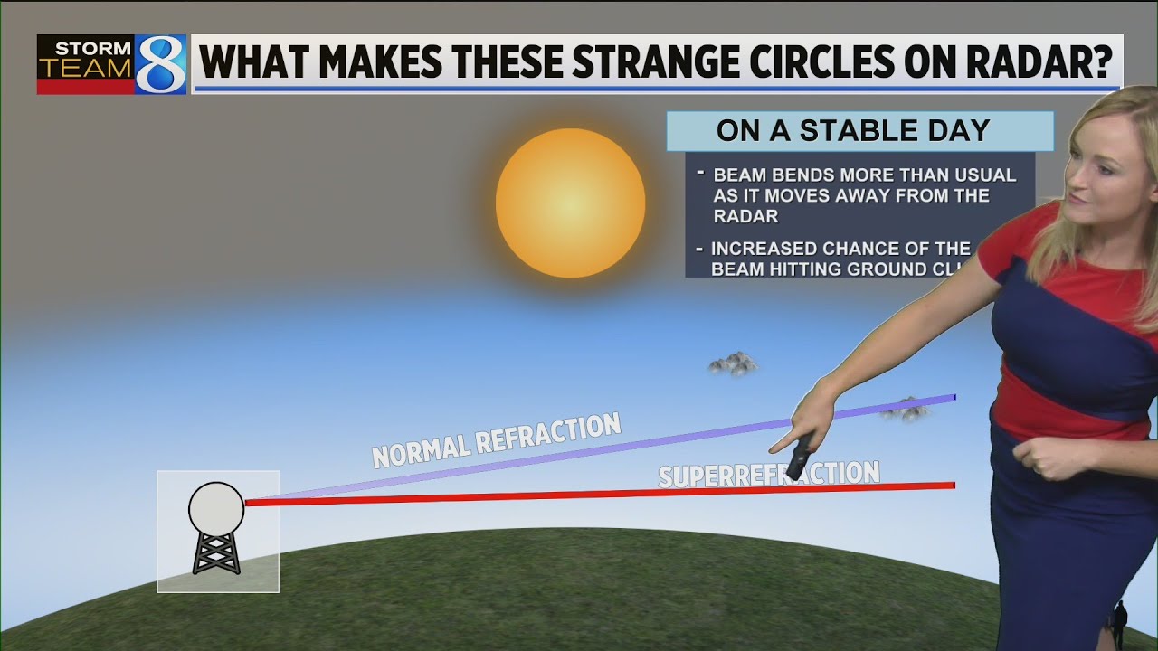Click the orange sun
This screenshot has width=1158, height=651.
pos(570,203)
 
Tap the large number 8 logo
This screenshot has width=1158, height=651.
pos(161,65)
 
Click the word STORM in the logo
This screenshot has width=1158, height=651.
pos(86,48)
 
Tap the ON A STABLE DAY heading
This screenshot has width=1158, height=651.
pos(853,131)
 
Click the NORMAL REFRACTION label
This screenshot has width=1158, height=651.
pos(497,439)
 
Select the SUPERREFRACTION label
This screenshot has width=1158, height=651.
pos(768,474)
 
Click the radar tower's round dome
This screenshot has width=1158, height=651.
pos(216,507)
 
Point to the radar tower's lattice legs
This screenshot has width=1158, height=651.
pos(216,553)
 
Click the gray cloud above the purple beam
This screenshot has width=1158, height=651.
pos(733,363)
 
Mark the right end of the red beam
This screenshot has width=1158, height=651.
pos(952,486)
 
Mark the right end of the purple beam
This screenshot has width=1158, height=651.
pos(952,397)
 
